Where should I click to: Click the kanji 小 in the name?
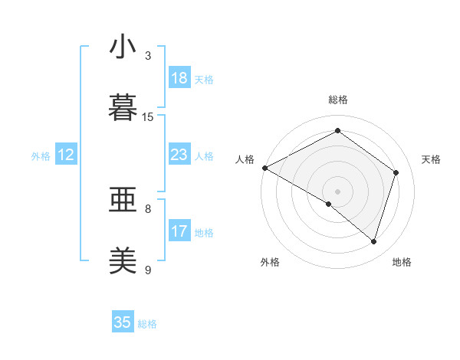coord(123,47)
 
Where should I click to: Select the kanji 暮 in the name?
coord(123,107)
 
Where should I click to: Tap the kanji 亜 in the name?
coord(123,201)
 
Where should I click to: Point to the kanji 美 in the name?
coord(123,260)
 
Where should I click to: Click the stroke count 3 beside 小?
coord(148,56)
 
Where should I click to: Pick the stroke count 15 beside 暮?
coord(148,116)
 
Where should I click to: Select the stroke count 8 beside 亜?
coord(148,208)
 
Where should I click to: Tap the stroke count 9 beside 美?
coord(148,270)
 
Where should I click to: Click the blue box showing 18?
coord(179,78)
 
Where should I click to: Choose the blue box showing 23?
coord(179,155)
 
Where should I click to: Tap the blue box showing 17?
coord(179,231)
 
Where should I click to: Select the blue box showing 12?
coord(66,155)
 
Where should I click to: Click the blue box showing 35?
coord(123,322)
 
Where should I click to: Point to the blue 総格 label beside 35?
coord(147,324)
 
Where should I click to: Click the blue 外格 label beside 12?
coord(41,156)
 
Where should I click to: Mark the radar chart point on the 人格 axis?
coord(264,168)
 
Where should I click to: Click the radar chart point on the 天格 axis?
coord(396,172)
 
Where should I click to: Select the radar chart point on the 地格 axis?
coord(374,242)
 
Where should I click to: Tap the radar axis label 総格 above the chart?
coord(338,100)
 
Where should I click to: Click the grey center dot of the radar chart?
coord(337,191)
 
